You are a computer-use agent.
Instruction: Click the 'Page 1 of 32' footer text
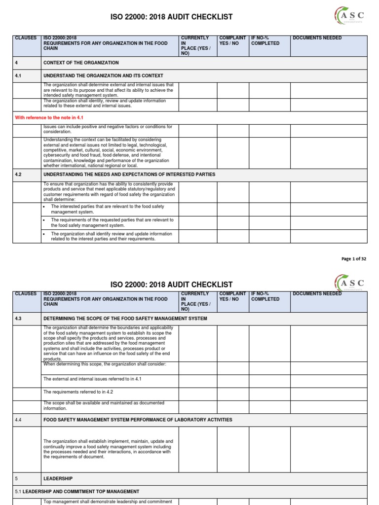point(353,259)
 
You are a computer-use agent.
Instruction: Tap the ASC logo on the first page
point(349,17)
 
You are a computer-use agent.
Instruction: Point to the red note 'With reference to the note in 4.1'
point(49,118)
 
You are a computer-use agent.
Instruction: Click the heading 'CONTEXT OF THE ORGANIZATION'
point(81,63)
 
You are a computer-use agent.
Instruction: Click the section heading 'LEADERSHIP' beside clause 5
point(58,478)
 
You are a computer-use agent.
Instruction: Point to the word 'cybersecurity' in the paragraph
point(58,155)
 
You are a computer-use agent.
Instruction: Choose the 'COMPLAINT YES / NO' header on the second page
point(232,296)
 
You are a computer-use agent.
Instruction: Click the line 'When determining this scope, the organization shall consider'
point(105,364)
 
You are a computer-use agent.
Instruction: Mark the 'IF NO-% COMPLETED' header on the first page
point(265,40)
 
